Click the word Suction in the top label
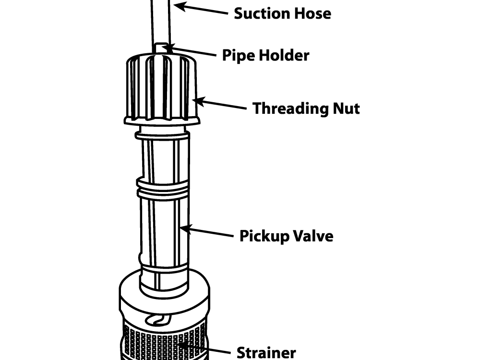coord(262,13)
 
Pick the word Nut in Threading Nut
coord(347,108)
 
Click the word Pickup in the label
coord(264,237)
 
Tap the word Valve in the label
coord(312,236)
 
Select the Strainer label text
coord(266,353)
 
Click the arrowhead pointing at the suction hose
coord(180,6)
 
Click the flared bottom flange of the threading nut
coord(162,121)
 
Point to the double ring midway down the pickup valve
coord(162,187)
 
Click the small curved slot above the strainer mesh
coord(158,320)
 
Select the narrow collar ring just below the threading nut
coord(162,135)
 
